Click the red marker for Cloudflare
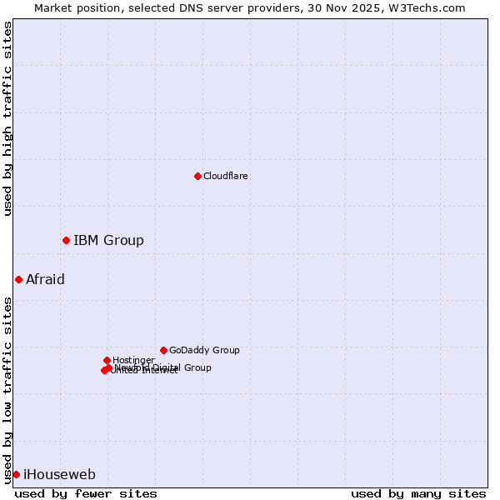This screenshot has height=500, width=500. click(x=197, y=176)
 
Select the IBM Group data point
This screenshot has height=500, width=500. click(x=66, y=240)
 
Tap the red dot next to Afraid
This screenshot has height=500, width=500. click(x=18, y=279)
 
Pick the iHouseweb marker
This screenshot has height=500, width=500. click(x=16, y=474)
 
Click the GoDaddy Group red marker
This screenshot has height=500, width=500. click(x=163, y=350)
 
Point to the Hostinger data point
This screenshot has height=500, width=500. click(x=107, y=360)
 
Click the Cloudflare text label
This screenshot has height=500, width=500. click(x=225, y=176)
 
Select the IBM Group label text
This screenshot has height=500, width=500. click(x=108, y=240)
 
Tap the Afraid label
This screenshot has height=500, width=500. click(x=45, y=279)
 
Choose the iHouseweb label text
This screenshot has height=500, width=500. click(x=59, y=474)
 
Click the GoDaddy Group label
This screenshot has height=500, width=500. click(x=204, y=350)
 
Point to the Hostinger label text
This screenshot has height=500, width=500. click(x=133, y=360)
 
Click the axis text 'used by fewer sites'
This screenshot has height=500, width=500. click(x=86, y=493)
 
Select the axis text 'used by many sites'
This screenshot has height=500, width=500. click(x=418, y=493)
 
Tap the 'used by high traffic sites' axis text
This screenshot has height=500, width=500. click(x=7, y=118)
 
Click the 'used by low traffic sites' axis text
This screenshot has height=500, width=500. click(x=7, y=389)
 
